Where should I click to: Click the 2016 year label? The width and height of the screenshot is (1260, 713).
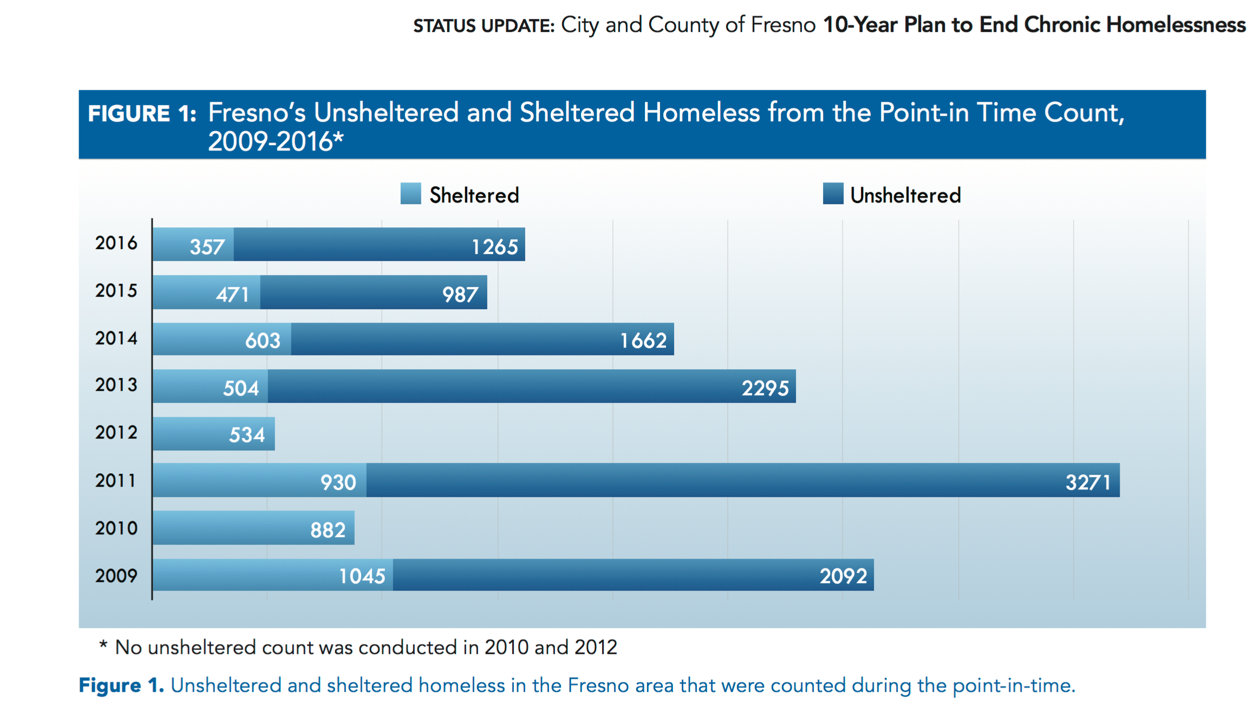click(116, 243)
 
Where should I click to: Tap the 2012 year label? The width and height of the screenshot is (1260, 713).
click(116, 433)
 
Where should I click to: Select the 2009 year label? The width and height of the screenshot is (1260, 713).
click(116, 575)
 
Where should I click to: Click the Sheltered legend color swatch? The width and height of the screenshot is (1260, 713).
click(410, 194)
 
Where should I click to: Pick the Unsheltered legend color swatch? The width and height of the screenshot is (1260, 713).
click(833, 194)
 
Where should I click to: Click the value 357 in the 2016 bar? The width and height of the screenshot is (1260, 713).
click(207, 247)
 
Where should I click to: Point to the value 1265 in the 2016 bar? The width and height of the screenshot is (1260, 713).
click(494, 247)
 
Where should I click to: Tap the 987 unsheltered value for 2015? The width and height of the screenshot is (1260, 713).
click(460, 295)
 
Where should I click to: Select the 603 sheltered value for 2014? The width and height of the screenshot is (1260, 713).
click(263, 341)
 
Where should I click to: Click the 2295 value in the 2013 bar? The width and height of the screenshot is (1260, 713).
click(765, 388)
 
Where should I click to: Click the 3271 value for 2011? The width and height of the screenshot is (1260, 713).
click(1088, 482)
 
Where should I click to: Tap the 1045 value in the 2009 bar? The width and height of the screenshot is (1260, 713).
click(362, 576)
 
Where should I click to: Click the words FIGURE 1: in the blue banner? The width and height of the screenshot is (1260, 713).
click(142, 114)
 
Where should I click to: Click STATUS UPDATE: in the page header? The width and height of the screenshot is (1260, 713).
click(484, 26)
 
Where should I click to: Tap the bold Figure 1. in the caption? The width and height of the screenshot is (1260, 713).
click(121, 685)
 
